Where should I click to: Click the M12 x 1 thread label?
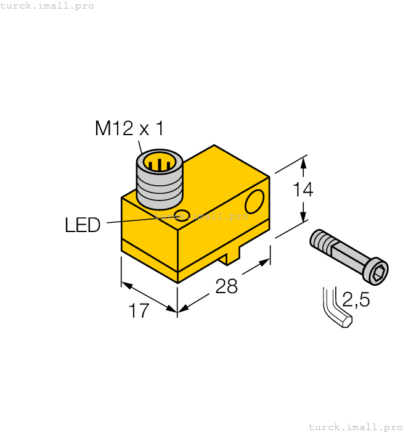(129, 128)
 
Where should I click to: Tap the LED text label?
(83, 225)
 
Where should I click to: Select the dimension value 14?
(302, 190)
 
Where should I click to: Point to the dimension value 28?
(227, 286)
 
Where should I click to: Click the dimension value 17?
(139, 310)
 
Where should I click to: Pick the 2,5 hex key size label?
(356, 300)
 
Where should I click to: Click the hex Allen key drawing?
(336, 309)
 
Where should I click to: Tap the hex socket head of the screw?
(378, 270)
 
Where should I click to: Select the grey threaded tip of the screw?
(321, 240)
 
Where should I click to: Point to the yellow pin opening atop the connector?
(160, 164)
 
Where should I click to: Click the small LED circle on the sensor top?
(181, 215)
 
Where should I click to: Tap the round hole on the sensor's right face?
(254, 201)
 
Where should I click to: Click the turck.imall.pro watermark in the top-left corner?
(47, 6)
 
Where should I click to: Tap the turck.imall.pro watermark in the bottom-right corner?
(355, 426)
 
